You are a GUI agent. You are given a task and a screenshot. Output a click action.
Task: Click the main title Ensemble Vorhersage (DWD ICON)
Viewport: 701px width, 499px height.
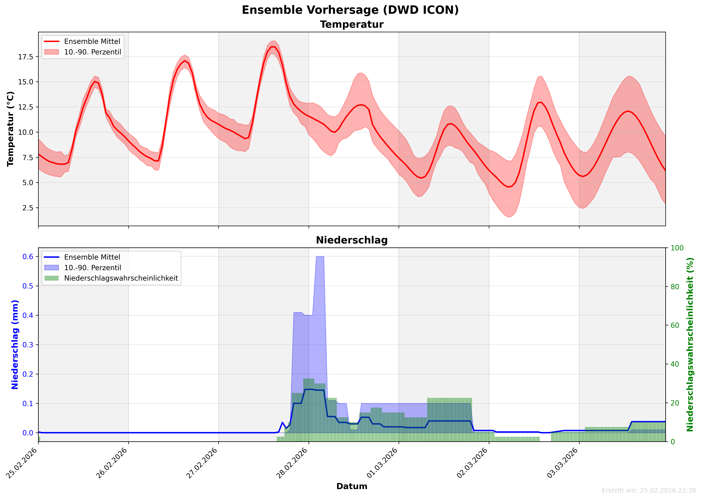pyautogui.click(x=350, y=10)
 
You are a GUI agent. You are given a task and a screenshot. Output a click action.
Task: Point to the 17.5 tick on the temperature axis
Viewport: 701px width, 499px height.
pyautogui.click(x=26, y=57)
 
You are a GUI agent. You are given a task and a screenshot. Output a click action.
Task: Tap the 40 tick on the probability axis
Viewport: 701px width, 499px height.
pyautogui.click(x=675, y=364)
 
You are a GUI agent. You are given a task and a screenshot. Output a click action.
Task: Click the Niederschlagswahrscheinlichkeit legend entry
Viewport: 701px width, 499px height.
pyautogui.click(x=121, y=278)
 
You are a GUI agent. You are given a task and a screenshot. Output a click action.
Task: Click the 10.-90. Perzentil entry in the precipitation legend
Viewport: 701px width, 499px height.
pyautogui.click(x=92, y=268)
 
